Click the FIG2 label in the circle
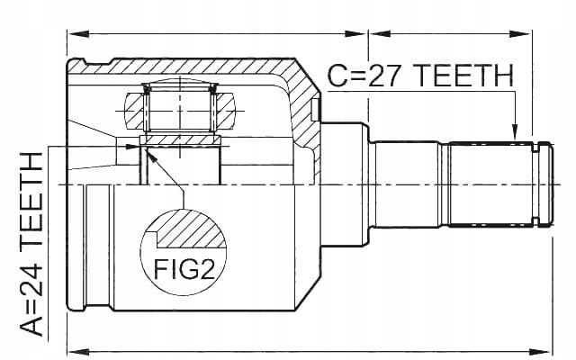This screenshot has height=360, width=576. (184, 268)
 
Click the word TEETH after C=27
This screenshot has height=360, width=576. (465, 76)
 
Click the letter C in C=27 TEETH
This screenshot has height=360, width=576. (337, 76)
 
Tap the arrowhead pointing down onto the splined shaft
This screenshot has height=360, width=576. (515, 132)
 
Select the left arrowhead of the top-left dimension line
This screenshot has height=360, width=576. (78, 34)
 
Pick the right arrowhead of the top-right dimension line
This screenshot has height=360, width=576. (519, 34)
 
